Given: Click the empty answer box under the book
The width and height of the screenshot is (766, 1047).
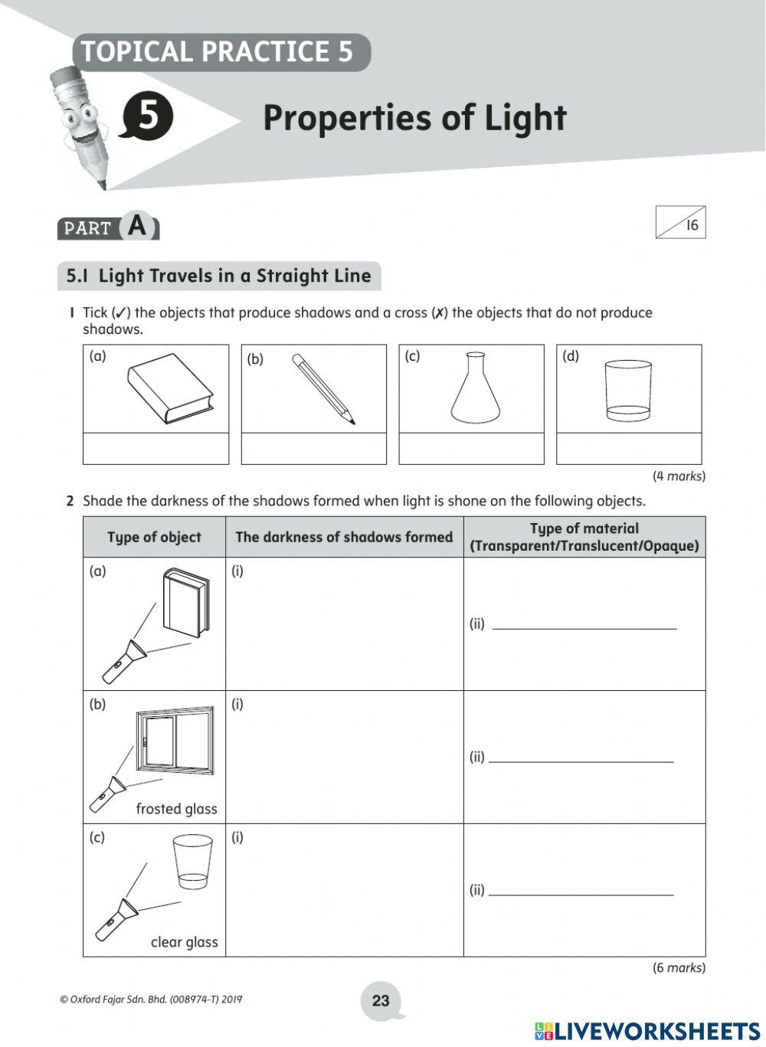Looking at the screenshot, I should pos(155,449).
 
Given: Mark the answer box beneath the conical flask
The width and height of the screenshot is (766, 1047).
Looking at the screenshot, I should pos(471,449).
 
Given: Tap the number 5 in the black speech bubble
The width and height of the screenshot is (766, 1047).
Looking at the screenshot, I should pos(147,116).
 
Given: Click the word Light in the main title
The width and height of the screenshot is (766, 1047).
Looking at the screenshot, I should pos(525,118).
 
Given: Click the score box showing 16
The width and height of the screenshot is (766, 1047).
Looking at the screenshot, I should pos(680,223).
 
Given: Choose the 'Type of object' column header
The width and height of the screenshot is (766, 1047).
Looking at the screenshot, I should pos(154,537).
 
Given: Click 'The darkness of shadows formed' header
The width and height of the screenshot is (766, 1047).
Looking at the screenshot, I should pos(344,537).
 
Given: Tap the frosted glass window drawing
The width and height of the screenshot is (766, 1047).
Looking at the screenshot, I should pos(175,740).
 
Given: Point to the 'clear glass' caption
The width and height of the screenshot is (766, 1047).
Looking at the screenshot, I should pos(184,942).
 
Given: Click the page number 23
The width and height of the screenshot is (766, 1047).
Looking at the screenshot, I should pos(381,1000).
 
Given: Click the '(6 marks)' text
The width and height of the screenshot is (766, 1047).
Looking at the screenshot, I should pos(678,967).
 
